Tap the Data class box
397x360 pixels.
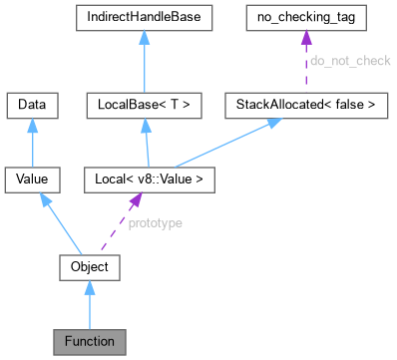(x=33, y=103)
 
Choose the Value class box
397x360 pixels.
(x=33, y=180)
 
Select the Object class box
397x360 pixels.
(x=90, y=266)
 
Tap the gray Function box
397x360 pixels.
(x=90, y=342)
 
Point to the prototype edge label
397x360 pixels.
(x=155, y=223)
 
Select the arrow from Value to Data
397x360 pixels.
(x=33, y=142)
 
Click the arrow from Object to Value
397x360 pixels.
(x=62, y=224)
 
